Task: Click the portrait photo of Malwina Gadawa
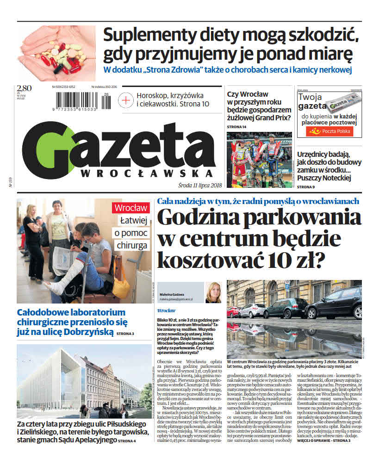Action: click(x=213, y=292)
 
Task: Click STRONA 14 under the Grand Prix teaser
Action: click(x=237, y=127)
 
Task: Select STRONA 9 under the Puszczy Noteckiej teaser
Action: click(x=306, y=186)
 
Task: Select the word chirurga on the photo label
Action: click(x=131, y=245)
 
